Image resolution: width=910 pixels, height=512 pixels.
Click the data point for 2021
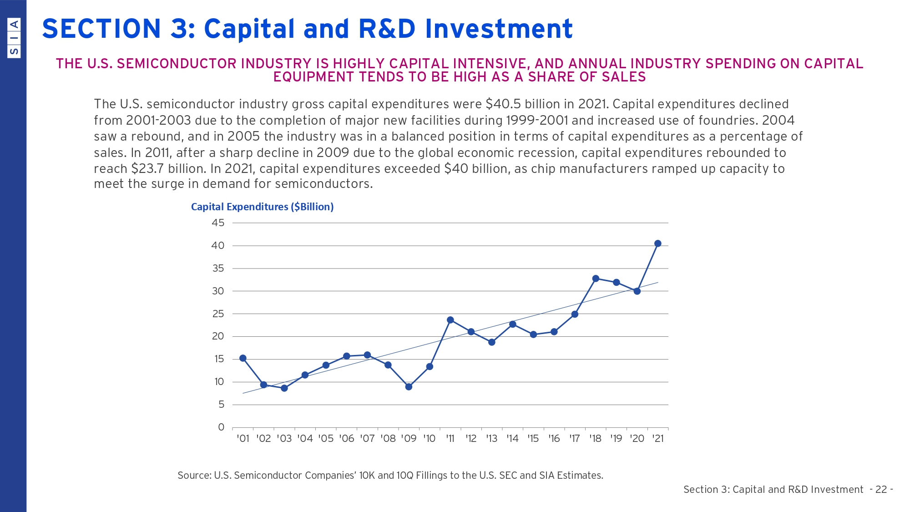point(657,243)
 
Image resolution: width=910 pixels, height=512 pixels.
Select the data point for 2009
point(409,387)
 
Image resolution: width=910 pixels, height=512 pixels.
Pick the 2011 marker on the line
point(450,320)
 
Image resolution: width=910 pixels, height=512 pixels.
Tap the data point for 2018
point(596,279)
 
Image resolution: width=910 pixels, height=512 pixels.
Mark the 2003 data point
point(284,388)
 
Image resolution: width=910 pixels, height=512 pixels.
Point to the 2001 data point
point(243,358)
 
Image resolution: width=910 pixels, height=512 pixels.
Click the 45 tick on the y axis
point(218,223)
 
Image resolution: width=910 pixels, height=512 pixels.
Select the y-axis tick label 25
point(218,314)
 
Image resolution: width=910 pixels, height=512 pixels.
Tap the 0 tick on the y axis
point(221,427)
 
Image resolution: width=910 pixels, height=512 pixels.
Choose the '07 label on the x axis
point(367,439)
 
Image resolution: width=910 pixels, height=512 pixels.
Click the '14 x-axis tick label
point(512,439)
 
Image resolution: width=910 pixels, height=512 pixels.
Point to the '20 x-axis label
point(637,439)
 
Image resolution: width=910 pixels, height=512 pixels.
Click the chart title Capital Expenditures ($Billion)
point(262,207)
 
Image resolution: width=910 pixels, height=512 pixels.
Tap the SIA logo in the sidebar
point(14,37)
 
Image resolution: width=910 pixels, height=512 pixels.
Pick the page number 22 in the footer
point(881,490)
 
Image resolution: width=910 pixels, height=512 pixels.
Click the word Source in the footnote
point(194,476)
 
